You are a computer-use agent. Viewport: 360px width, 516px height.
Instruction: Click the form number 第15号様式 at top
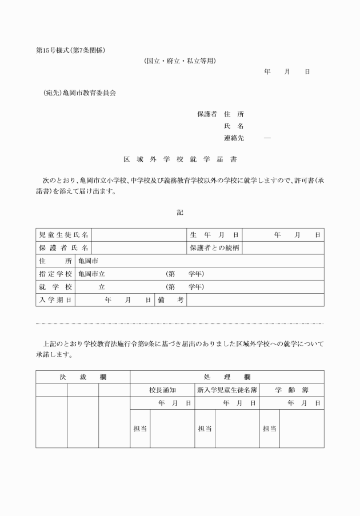[x=53, y=50]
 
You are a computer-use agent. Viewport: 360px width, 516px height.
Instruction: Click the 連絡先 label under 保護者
[x=234, y=138]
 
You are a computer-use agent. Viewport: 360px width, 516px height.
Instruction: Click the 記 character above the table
[x=180, y=212]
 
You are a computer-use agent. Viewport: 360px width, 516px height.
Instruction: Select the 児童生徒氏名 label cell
[x=64, y=235]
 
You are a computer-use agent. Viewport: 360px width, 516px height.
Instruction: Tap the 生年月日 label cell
[x=214, y=235]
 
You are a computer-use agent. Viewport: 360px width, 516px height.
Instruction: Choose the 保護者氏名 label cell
[x=64, y=248]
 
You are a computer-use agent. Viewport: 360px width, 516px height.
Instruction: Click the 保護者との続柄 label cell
[x=214, y=248]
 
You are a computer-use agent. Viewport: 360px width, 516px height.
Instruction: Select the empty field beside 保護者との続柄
[x=283, y=248]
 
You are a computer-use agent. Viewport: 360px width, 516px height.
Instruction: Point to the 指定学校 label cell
[x=55, y=274]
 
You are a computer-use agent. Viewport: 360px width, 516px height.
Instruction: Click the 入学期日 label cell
[x=55, y=300]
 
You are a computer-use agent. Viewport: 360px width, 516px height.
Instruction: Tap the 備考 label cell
[x=171, y=300]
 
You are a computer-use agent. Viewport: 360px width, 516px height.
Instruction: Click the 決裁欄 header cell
[x=83, y=377]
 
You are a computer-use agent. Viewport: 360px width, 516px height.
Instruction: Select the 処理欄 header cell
[x=227, y=377]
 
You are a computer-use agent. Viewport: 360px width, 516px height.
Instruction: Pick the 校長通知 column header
[x=162, y=390]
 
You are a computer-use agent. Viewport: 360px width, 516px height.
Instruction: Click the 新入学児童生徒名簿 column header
[x=227, y=390]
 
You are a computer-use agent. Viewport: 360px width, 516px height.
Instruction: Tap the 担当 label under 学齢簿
[x=269, y=429]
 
